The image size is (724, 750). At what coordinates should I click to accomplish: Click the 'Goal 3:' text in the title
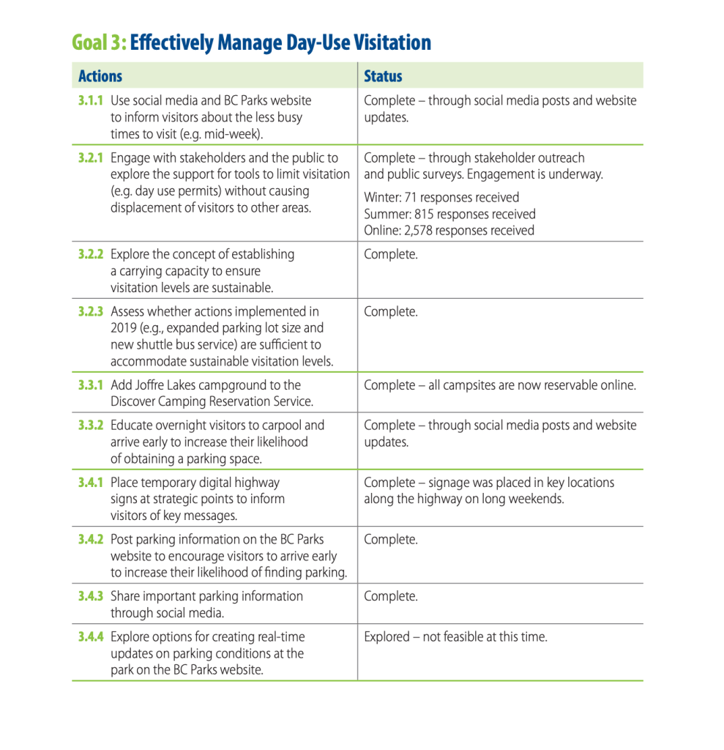click(99, 43)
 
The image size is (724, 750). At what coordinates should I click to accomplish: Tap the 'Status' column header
click(383, 76)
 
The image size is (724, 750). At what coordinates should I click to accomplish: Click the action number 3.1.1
click(91, 100)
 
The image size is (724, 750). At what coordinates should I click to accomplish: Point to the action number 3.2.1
click(91, 157)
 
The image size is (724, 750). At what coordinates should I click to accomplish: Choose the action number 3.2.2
click(91, 254)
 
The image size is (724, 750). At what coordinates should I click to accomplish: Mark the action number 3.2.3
click(91, 311)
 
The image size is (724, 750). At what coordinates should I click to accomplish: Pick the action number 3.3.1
click(91, 385)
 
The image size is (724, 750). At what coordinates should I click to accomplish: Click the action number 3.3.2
click(91, 425)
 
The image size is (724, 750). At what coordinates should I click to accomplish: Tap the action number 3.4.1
click(91, 482)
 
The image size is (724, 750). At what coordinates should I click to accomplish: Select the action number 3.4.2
click(91, 539)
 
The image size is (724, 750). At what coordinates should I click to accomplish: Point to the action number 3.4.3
click(91, 596)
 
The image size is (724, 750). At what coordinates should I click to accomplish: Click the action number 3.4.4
click(91, 636)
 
